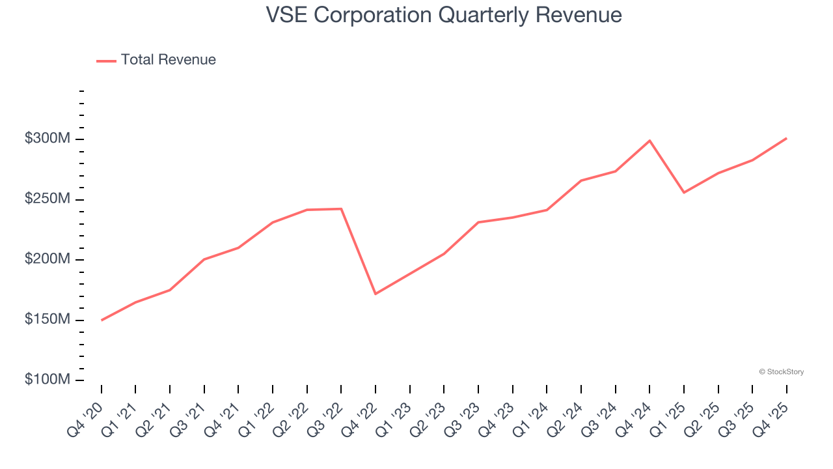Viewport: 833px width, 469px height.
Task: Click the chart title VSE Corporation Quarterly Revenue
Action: tap(444, 15)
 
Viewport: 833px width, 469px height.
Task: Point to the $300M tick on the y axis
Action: tap(48, 139)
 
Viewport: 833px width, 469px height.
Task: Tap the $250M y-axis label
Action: tap(48, 199)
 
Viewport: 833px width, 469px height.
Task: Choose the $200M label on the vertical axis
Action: tap(48, 259)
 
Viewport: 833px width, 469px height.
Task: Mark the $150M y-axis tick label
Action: tap(48, 319)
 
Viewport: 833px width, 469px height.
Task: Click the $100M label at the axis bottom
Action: tap(48, 379)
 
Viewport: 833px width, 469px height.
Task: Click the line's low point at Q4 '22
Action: tap(376, 294)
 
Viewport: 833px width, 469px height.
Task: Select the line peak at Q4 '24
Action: tap(649, 141)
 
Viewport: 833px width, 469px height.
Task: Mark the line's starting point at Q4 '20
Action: tap(102, 320)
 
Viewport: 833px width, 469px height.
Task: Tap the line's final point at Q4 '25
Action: tap(786, 138)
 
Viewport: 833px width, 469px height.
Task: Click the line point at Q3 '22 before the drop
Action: tap(341, 209)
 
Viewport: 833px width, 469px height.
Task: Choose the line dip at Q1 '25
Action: tap(684, 192)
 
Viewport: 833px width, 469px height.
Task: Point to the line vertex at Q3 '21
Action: tap(204, 259)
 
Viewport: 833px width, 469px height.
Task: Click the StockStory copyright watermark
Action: tap(781, 372)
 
